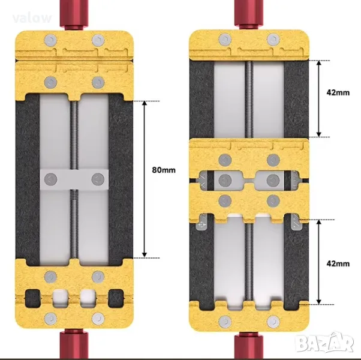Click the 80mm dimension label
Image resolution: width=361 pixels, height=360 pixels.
[x=164, y=170]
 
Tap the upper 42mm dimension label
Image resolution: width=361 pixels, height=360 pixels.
[x=338, y=92]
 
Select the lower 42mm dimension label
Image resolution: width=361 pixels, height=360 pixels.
[x=338, y=264]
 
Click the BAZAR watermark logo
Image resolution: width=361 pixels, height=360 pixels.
[x=325, y=343]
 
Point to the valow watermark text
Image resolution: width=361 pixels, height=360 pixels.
[x=32, y=18]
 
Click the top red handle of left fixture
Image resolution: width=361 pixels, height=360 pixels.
[x=74, y=14]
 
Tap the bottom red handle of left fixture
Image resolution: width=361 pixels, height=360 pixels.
[x=74, y=344]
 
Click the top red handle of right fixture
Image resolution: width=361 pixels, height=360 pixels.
[x=249, y=14]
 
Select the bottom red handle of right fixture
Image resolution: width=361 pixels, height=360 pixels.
[x=249, y=346]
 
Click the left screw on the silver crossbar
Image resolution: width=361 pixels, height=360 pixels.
[x=50, y=179]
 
